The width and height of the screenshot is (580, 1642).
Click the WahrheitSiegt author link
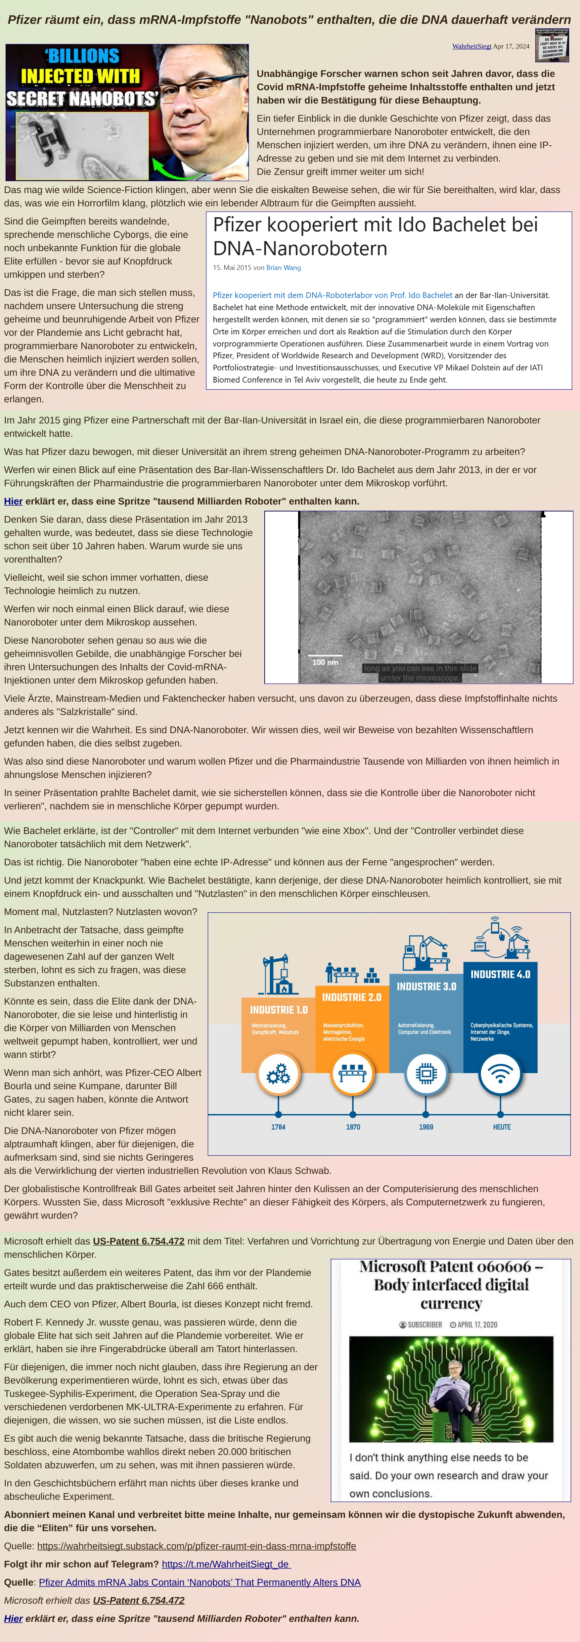click(472, 47)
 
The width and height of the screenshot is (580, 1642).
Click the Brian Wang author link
click(284, 268)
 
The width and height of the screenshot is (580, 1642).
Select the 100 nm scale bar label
click(325, 662)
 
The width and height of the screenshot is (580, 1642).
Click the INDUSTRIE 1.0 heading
click(279, 1010)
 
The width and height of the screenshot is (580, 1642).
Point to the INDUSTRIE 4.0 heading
click(500, 974)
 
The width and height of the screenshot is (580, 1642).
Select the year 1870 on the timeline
click(353, 1127)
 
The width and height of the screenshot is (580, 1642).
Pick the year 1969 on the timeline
click(426, 1127)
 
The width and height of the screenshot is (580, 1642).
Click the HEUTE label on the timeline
click(502, 1127)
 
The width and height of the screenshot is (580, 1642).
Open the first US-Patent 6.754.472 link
click(138, 1241)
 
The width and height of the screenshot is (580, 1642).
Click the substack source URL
click(196, 1546)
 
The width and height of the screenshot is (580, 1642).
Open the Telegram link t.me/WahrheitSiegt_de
click(226, 1564)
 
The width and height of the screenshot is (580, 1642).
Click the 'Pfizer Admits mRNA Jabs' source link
click(200, 1582)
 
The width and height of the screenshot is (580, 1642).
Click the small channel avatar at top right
click(552, 45)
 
